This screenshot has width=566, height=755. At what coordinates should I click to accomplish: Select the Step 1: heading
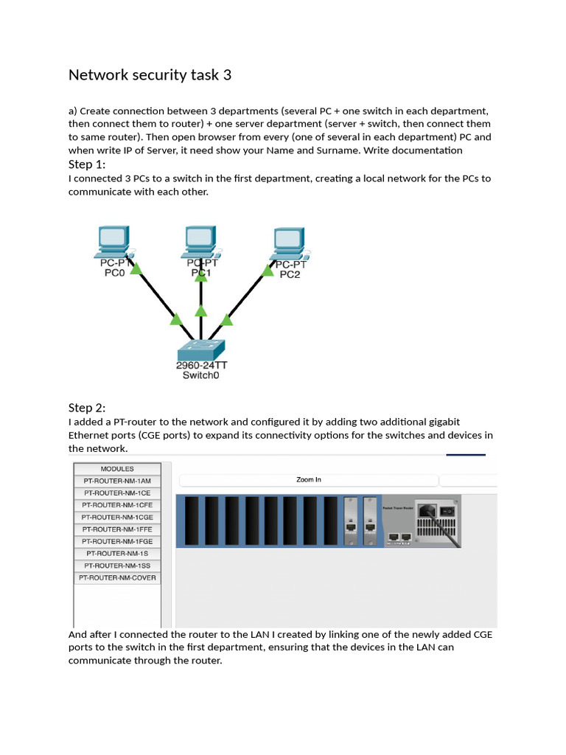coord(87,164)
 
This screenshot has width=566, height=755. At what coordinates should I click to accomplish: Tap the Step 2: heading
coord(87,408)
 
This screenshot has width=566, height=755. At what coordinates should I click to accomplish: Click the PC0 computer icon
coord(114,240)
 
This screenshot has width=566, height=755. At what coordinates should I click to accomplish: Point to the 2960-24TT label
coord(201,366)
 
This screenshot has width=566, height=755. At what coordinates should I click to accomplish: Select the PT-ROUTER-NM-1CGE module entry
coord(117,518)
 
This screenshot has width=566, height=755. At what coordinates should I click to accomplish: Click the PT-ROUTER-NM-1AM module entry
coord(117,481)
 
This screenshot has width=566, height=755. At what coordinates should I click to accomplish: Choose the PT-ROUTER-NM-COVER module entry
coord(117,579)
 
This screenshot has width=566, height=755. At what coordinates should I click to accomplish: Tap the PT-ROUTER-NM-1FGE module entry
coord(117,542)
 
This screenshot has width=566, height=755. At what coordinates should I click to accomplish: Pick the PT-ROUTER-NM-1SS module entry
coord(117,566)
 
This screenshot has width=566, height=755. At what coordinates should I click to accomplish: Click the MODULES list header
coord(117,469)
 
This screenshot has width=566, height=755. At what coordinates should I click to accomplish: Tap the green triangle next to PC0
coord(136,270)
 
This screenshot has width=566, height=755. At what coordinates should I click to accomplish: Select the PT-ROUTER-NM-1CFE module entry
coord(117,505)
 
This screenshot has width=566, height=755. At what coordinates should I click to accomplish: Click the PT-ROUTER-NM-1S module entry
coord(117,554)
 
